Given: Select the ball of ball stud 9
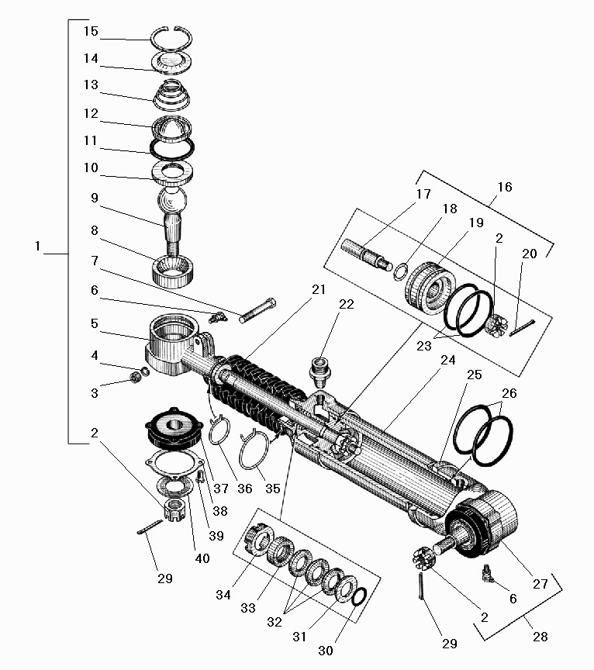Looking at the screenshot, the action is coord(172,200).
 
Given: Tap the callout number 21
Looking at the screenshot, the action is coord(319,289).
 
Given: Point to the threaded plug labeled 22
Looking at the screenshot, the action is coord(319,372).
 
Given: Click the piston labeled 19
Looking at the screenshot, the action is coord(430,288).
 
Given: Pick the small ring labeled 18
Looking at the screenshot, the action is coord(400,272).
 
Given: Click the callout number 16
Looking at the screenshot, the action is coord(505,187).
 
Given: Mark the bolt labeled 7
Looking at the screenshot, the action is coord(257,310).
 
